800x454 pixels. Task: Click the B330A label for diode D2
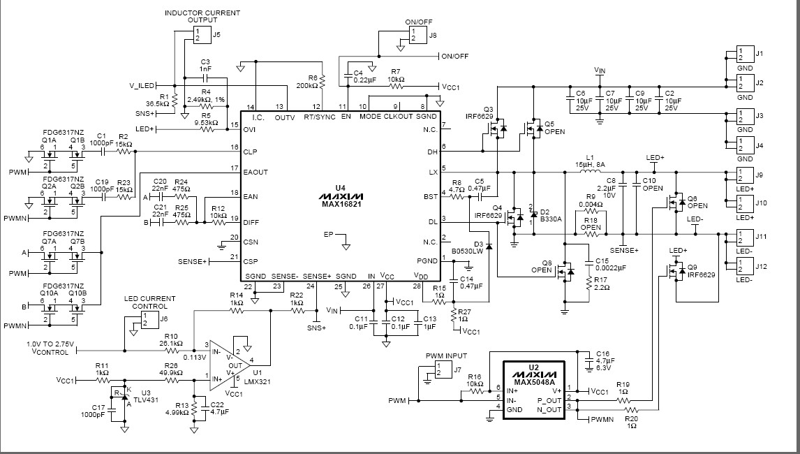tap(551, 219)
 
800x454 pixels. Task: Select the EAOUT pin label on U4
tap(254, 171)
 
